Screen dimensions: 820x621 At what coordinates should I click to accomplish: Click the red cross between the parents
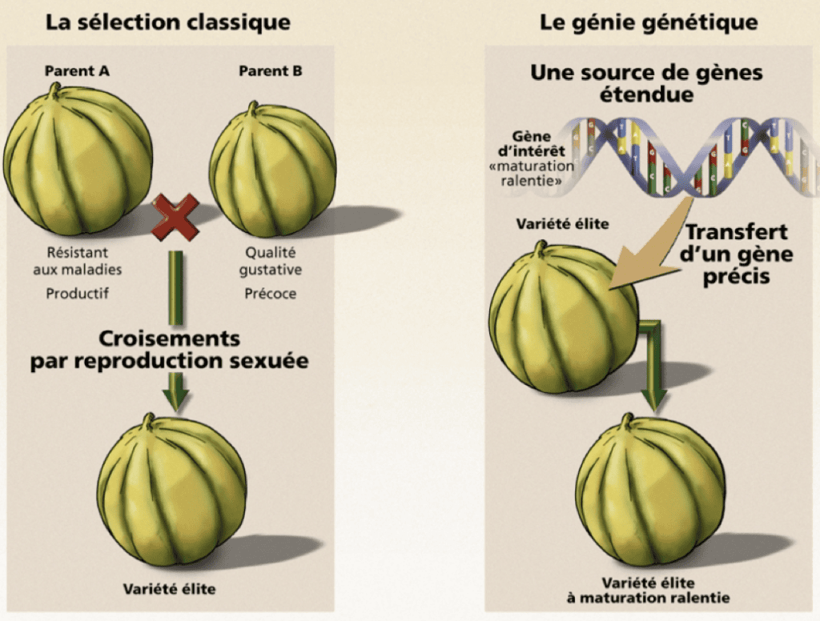(175, 217)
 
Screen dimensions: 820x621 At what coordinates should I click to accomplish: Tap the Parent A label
(77, 71)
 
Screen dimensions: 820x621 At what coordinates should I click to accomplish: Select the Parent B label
(271, 71)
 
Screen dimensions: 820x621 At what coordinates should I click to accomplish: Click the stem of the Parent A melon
(54, 91)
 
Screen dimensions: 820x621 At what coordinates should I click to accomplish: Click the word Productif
(78, 293)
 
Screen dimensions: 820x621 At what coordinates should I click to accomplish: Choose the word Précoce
(271, 293)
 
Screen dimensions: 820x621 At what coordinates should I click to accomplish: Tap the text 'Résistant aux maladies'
(78, 261)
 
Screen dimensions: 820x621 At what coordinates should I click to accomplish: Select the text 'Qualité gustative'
(271, 261)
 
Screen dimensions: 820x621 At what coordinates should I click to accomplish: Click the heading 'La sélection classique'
(168, 22)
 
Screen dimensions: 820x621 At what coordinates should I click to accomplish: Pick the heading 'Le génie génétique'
(649, 22)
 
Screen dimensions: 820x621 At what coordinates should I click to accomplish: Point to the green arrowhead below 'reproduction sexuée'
(175, 399)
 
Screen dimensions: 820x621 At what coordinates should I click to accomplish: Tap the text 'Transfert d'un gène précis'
(737, 254)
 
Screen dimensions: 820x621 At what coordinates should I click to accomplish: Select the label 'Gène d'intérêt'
(532, 144)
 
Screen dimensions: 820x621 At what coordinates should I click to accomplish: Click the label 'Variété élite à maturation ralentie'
(648, 590)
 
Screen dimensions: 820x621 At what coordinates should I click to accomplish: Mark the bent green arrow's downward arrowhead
(653, 400)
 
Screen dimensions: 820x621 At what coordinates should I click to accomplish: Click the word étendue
(646, 94)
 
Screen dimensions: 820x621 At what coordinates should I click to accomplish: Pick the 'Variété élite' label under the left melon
(169, 589)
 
